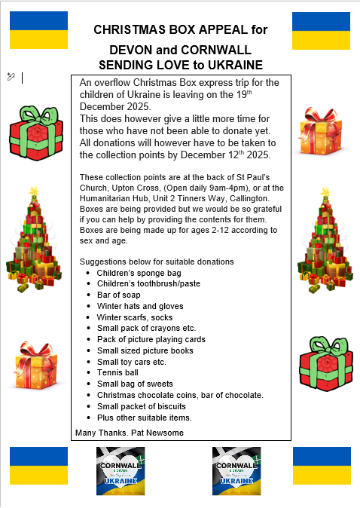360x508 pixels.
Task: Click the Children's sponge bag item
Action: (133, 273)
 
